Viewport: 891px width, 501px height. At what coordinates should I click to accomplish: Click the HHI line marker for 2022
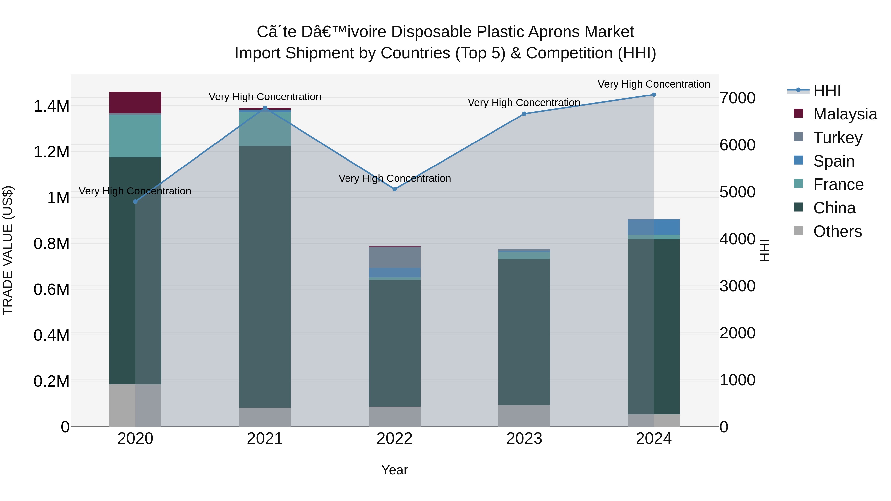click(395, 189)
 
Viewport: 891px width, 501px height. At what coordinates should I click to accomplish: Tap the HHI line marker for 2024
click(654, 95)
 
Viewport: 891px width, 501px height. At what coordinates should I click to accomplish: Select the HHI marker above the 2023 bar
click(524, 114)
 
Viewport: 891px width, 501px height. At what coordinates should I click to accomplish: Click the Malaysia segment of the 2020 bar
click(135, 102)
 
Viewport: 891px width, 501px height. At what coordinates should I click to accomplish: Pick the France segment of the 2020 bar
click(135, 136)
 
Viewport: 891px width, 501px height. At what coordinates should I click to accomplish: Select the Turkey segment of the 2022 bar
click(395, 257)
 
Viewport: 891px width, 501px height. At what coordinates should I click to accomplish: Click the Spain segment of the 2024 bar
click(654, 227)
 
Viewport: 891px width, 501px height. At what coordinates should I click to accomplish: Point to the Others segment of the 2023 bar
click(524, 416)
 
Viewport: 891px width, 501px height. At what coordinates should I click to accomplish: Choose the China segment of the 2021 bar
click(265, 277)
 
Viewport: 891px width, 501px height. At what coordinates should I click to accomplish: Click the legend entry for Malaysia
click(845, 114)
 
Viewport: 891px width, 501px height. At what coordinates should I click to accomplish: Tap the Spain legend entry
click(834, 161)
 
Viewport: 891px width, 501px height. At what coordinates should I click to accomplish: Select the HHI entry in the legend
click(827, 91)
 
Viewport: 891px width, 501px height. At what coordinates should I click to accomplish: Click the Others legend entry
click(837, 231)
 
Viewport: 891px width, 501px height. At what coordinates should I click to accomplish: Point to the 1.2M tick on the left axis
click(51, 152)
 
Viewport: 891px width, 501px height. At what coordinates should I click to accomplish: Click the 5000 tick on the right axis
click(738, 192)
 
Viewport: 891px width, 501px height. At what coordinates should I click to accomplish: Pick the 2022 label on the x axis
click(395, 439)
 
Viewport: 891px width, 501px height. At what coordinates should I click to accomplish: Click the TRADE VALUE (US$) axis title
click(8, 250)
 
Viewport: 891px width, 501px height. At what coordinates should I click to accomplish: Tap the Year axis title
click(395, 470)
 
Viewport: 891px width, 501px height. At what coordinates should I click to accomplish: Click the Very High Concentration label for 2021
click(265, 97)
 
